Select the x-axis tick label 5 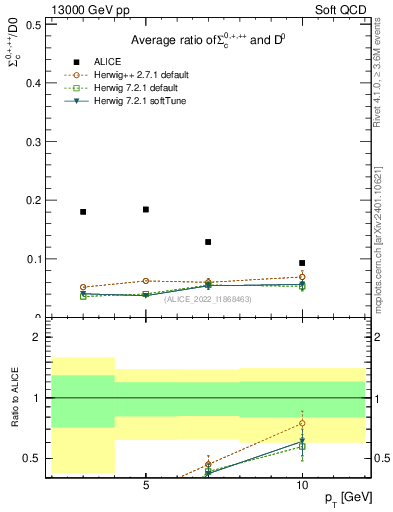pos(146,487)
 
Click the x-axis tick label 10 pos(302,487)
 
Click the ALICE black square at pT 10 pos(302,263)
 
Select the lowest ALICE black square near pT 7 pos(208,242)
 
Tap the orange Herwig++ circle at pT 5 pos(146,281)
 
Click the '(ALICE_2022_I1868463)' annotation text pos(207,298)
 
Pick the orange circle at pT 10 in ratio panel pos(302,423)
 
